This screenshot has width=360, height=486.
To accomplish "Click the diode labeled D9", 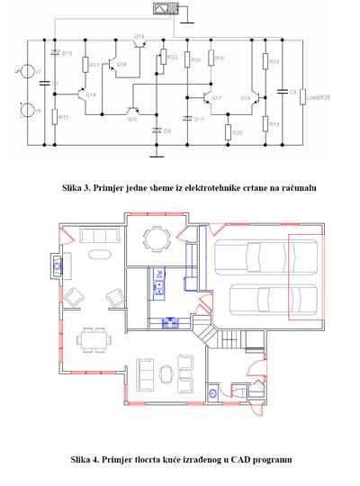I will click(x=158, y=131).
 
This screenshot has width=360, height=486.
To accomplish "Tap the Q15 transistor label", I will click(x=131, y=118).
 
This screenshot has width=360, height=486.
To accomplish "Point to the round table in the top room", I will click(x=159, y=239).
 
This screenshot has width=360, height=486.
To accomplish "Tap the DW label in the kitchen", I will click(x=159, y=274).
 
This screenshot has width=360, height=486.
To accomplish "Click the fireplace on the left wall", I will click(x=57, y=266).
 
